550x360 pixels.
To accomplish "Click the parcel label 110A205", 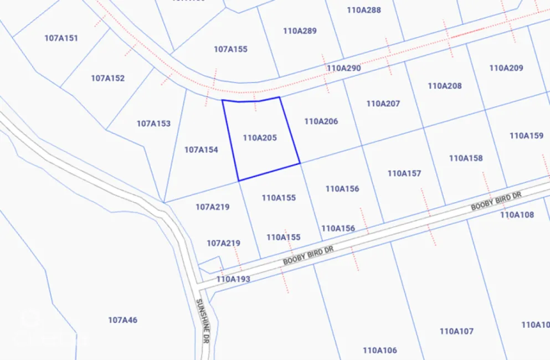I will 260,137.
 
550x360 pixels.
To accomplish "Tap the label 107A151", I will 61,38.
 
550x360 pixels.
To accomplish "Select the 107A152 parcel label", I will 107,78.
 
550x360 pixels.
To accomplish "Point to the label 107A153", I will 153,124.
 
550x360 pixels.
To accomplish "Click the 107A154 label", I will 201,150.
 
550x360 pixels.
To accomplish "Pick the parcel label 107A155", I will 230,49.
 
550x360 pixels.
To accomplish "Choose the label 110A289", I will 300,31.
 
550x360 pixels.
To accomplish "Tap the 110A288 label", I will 364,10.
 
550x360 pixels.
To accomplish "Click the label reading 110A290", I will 343,68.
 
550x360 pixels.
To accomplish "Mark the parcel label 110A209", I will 506,68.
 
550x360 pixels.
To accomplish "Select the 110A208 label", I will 445,86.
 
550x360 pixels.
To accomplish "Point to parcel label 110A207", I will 383,104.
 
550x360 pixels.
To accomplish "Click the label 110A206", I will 321,121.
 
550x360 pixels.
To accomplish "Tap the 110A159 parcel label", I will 526,135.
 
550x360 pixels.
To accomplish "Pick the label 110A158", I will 466,158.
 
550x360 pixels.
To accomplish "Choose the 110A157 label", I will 404,173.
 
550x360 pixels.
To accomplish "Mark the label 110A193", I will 233,279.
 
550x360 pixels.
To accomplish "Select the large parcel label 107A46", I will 122,320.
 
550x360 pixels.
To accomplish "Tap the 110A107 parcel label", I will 456,331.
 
